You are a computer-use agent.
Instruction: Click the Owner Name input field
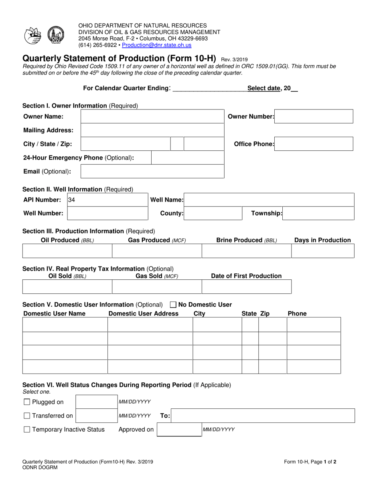click(152, 116)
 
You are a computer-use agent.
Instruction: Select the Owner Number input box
click(314, 116)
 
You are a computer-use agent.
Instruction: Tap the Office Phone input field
click(314, 144)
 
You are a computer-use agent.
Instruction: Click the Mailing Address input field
click(152, 130)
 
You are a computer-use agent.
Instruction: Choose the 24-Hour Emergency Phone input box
click(188, 158)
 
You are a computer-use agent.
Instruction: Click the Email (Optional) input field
click(152, 172)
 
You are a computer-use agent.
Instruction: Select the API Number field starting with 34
click(107, 200)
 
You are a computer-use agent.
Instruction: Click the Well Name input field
click(269, 200)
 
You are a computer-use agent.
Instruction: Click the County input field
click(213, 213)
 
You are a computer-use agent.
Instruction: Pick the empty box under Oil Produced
click(67, 251)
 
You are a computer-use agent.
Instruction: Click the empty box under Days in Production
click(322, 251)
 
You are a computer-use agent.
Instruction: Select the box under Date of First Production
click(246, 287)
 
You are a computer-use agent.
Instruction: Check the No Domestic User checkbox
click(173, 305)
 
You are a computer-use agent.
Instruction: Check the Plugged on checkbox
click(27, 402)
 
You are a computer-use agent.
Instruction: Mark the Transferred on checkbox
click(27, 416)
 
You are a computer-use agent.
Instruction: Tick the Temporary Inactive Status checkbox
click(27, 430)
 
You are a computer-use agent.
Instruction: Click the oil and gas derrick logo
click(55, 35)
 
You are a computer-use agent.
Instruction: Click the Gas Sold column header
click(157, 276)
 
